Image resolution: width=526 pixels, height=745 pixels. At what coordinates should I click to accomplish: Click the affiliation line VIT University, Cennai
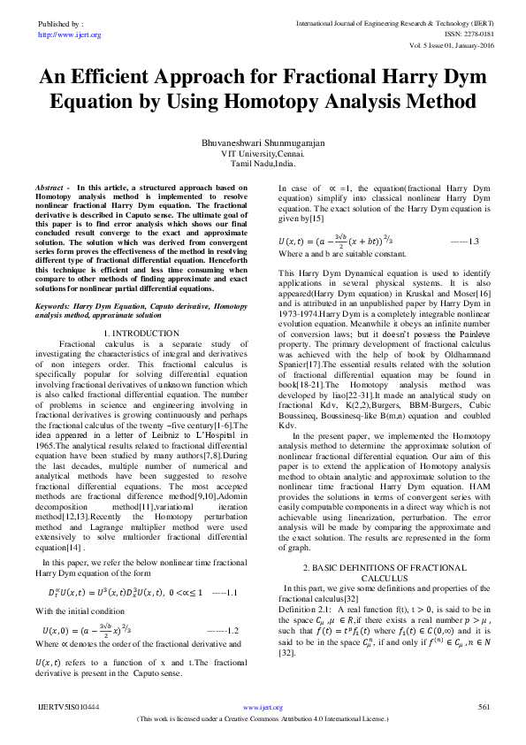(263, 153)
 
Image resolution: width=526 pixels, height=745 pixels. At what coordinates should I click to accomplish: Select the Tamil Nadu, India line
(263, 164)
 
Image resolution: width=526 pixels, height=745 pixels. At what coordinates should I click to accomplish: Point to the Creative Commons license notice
(263, 719)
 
